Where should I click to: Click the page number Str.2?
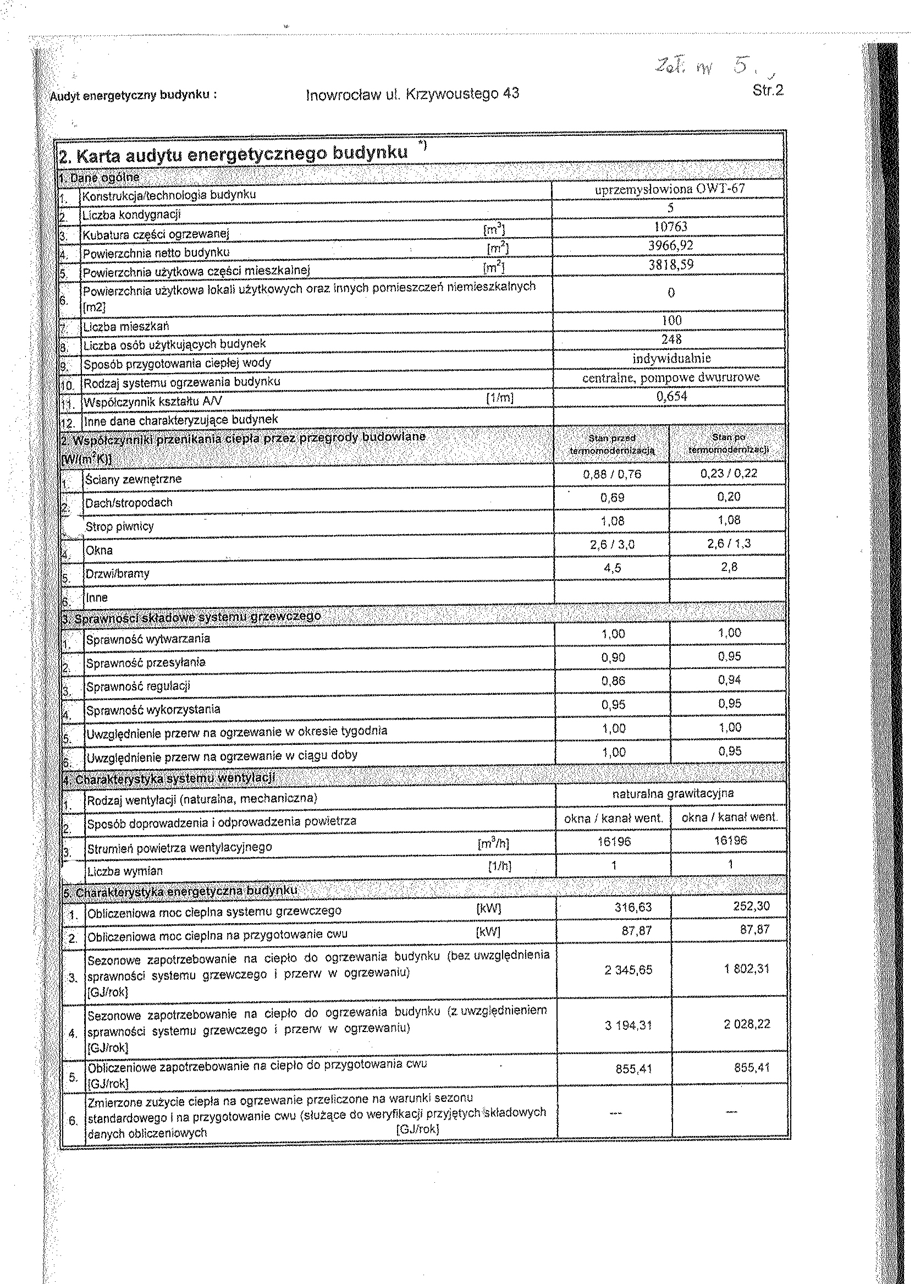[768, 90]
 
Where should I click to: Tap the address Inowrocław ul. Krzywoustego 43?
[412, 94]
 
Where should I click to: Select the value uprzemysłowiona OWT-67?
[669, 189]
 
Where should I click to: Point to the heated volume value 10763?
[670, 227]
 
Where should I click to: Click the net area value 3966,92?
[670, 245]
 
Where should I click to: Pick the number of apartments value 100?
[671, 320]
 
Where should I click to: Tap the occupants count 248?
[671, 339]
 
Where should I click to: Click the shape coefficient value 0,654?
[671, 396]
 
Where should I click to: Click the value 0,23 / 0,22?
[729, 474]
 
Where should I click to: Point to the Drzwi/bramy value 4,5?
[613, 568]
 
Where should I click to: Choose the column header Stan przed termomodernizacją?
[612, 444]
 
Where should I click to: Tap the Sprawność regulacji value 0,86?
[613, 681]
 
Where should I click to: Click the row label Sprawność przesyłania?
[145, 663]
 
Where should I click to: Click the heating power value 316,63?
[633, 907]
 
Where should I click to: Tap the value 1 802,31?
[747, 969]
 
